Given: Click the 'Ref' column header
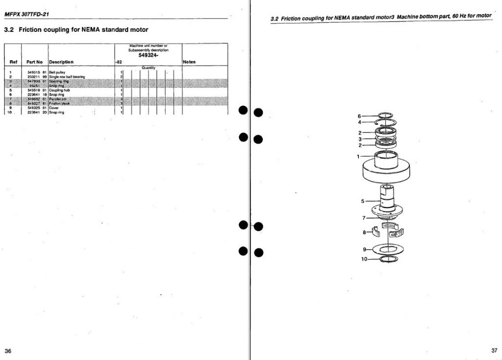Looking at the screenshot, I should [x=14, y=62].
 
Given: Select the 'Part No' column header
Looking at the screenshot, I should [x=35, y=62].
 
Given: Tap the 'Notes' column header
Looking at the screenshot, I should [x=189, y=62].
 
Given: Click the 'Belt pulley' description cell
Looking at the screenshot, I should [x=57, y=72].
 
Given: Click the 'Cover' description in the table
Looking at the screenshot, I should [x=54, y=108].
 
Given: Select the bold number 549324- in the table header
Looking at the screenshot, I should [x=148, y=55].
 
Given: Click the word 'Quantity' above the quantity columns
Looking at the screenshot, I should [x=148, y=68].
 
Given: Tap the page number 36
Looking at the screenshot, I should [x=8, y=351].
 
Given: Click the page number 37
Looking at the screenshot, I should [x=494, y=350].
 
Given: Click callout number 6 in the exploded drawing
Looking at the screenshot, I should [x=359, y=116].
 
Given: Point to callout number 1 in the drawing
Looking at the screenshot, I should [x=358, y=156].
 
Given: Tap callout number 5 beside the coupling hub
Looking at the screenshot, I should [x=363, y=201].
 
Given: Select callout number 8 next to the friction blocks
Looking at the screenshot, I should [x=364, y=232].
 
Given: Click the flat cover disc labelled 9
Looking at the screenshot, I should [x=387, y=249].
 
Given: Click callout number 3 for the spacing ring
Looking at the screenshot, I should [x=359, y=139].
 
